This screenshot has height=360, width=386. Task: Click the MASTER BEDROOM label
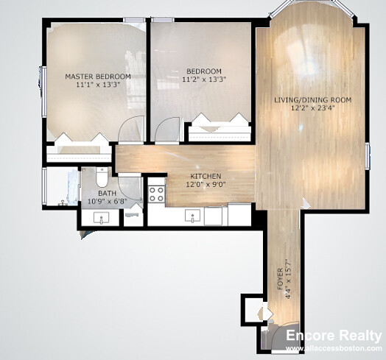pos(98,77)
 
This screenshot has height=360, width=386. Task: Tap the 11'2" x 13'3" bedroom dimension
pos(204,80)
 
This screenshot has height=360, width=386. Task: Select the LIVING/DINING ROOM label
pos(312,100)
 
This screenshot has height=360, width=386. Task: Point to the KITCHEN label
pos(206,176)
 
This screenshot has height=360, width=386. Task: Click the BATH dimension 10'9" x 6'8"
pos(108,201)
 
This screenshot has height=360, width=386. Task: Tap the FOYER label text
pos(280,279)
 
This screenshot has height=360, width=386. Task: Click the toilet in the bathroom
pos(102,177)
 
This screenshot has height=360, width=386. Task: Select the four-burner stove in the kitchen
pos(157,194)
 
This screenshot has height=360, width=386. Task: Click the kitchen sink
pos(192,216)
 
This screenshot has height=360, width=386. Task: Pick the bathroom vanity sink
pos(101,218)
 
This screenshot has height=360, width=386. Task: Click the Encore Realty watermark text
pos(334,336)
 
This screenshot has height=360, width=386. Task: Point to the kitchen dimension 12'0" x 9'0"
pos(206,184)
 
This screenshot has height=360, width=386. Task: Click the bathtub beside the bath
pos(62,186)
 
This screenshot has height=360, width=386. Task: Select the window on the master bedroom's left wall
pos(43,91)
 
